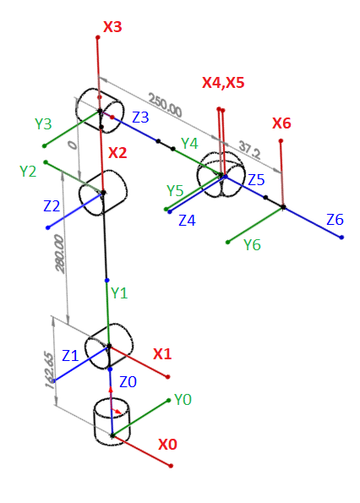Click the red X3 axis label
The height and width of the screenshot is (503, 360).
(x=112, y=27)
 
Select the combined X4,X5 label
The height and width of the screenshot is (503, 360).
(x=223, y=83)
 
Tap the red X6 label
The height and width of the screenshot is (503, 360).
(x=281, y=123)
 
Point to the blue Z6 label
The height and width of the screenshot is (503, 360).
(x=335, y=220)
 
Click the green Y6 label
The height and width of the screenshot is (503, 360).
(x=253, y=245)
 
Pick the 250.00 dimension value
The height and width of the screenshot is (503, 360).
(x=165, y=105)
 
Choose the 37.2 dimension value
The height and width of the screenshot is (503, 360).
(x=250, y=151)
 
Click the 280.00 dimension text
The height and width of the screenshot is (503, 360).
(x=60, y=254)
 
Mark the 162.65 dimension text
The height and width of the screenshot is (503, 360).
(x=49, y=370)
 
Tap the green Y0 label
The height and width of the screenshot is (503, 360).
(x=183, y=400)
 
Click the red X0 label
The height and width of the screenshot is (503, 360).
(x=167, y=445)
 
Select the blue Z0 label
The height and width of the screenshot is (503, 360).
(x=128, y=382)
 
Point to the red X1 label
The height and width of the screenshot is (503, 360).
(x=162, y=354)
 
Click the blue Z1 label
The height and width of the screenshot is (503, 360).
(x=70, y=356)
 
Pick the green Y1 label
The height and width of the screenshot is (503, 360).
(x=119, y=293)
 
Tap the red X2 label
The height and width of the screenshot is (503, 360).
(x=117, y=153)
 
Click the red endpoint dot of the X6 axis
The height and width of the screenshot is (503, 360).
(x=281, y=141)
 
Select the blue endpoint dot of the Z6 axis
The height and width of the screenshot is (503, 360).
(x=341, y=238)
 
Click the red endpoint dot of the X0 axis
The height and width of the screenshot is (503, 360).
(x=171, y=466)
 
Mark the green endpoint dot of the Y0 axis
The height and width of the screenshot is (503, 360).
(x=169, y=401)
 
